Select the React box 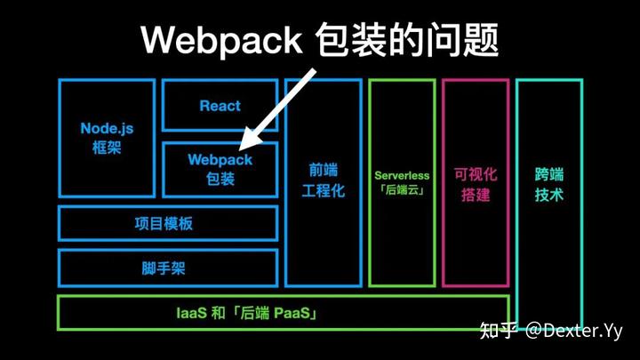220,106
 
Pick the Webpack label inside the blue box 220,160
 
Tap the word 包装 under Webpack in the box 220,179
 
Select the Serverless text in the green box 402,176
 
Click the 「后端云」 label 402,191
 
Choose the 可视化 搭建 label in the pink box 476,184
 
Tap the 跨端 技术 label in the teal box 548,184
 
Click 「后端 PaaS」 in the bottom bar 273,313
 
